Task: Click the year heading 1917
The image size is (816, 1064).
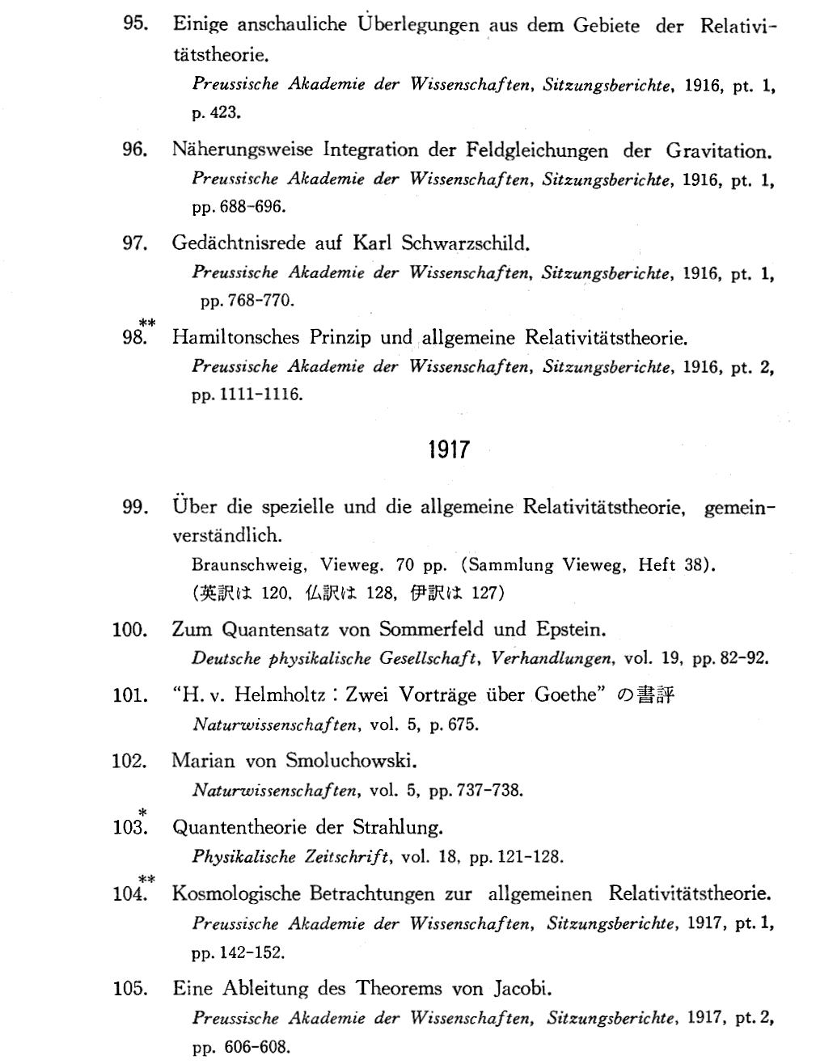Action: coord(448,450)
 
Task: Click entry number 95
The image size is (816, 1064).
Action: coord(133,25)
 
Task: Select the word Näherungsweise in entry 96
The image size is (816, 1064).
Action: coord(242,150)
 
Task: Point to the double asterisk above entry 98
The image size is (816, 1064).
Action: coord(146,323)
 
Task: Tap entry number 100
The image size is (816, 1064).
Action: coord(129,629)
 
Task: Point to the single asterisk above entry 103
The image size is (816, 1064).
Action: coord(142,812)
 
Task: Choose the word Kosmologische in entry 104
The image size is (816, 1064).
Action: coord(235,894)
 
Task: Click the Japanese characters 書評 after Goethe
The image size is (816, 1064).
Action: coord(654,695)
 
